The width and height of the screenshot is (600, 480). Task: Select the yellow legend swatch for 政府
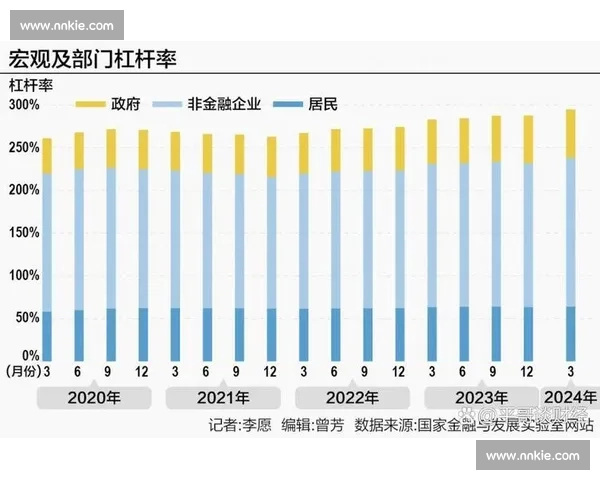coord(91,103)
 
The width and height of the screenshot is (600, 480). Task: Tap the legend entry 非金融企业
coord(231,103)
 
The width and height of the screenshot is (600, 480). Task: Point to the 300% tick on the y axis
coord(24,105)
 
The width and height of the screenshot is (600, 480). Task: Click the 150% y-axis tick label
coord(24,231)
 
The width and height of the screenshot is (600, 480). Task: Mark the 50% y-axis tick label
coord(24,315)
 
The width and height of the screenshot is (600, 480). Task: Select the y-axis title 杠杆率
coord(31,84)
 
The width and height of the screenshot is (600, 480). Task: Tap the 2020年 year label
coord(94,397)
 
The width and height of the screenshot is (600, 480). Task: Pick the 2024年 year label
coord(569,397)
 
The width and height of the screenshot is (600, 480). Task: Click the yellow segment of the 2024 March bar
coord(570,134)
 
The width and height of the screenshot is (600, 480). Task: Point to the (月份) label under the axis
coord(25,371)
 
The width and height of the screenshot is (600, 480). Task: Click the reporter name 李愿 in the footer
coord(256,424)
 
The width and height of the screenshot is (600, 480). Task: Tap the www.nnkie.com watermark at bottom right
coord(532,456)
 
